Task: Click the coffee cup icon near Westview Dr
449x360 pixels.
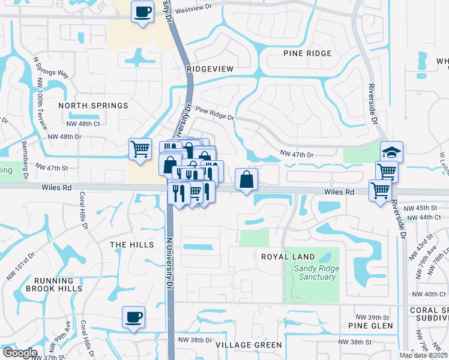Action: click(142, 12)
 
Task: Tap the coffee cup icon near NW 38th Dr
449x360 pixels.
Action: click(133, 317)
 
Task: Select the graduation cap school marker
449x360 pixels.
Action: click(391, 152)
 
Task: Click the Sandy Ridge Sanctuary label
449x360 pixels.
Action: click(315, 272)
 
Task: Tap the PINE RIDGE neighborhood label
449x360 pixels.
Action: click(307, 53)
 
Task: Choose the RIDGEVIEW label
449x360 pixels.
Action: click(209, 69)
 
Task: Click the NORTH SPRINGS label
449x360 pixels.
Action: click(93, 106)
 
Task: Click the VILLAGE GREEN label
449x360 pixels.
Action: click(249, 344)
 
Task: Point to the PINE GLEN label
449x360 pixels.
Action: click(370, 326)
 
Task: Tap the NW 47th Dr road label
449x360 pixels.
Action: click(297, 155)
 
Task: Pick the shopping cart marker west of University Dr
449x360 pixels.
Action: click(140, 148)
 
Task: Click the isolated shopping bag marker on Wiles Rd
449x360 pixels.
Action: click(246, 179)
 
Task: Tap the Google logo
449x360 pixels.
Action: click(19, 353)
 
